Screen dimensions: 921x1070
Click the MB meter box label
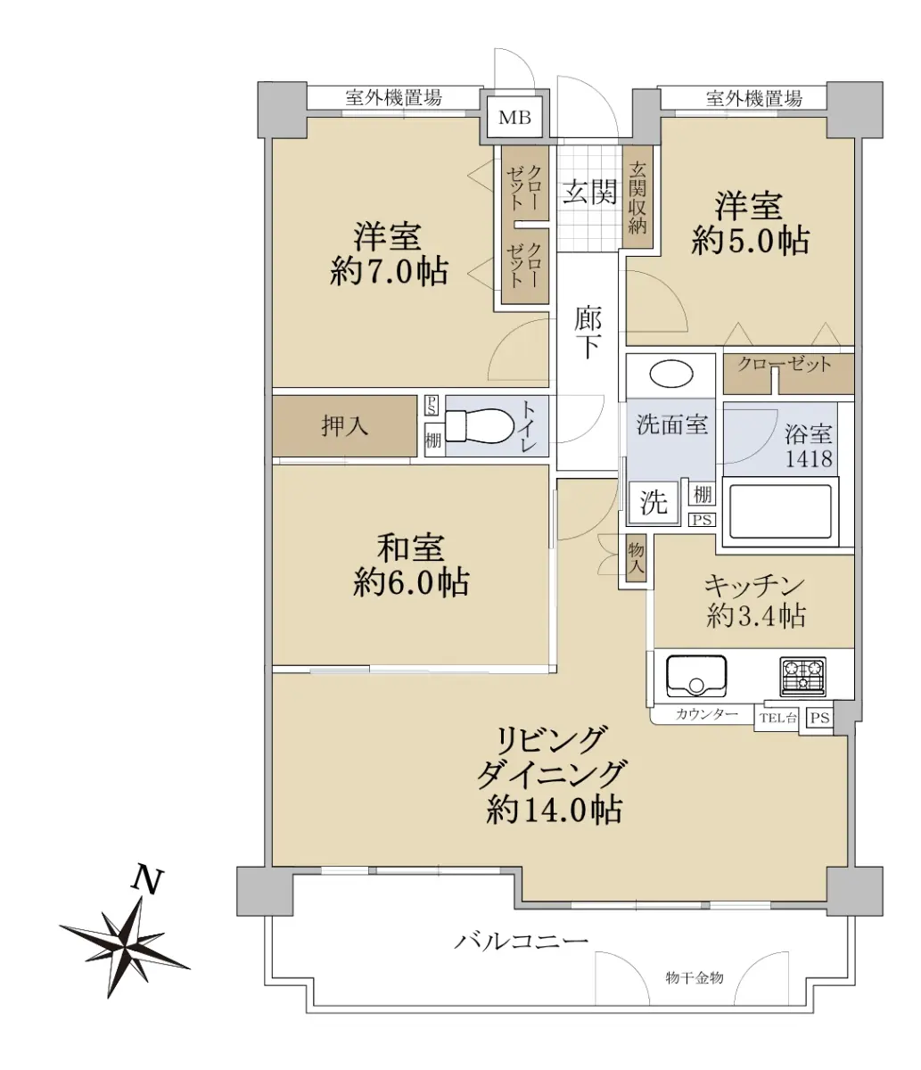[x=514, y=118]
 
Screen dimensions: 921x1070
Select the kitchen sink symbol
[x=696, y=676]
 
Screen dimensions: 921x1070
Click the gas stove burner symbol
[x=803, y=676]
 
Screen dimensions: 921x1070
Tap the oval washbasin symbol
[x=671, y=374]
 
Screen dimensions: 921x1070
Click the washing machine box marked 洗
[x=654, y=502]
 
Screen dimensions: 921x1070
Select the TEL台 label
[x=777, y=718]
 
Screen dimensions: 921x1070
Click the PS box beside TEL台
[x=819, y=718]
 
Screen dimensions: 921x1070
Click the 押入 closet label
[x=345, y=426]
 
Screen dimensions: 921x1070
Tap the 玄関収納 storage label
[x=637, y=197]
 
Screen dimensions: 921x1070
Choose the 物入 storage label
[x=636, y=557]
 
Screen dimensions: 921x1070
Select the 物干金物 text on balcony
[x=694, y=978]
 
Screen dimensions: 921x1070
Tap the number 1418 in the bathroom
[x=809, y=458]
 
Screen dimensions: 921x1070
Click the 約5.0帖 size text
[x=750, y=240]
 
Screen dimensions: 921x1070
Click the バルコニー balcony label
[x=522, y=941]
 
